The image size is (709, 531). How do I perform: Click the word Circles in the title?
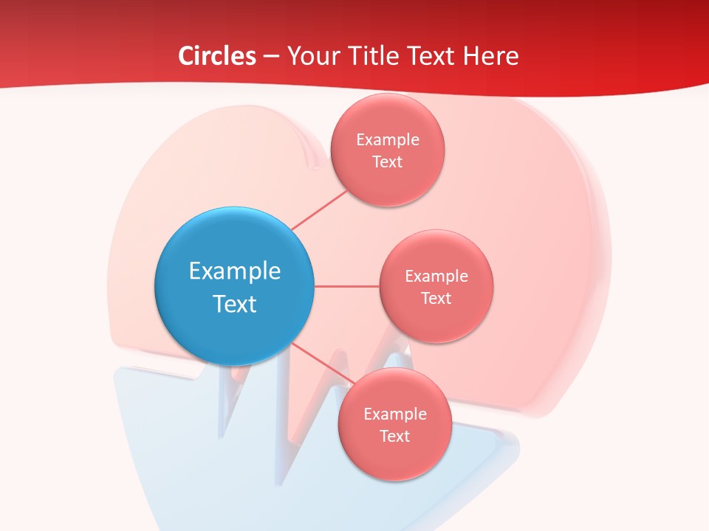point(216,56)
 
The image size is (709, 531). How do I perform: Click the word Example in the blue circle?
point(235,271)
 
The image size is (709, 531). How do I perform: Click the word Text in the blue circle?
point(235,304)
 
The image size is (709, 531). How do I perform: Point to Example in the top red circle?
point(387,139)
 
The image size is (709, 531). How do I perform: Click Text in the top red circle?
point(387,162)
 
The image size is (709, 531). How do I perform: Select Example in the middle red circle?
point(436,276)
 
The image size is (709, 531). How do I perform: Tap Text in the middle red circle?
point(436,298)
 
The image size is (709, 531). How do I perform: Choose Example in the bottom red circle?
point(395,414)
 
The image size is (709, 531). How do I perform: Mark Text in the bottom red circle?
point(395,436)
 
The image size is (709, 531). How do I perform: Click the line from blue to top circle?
point(319,210)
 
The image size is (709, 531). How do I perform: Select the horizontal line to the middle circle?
point(347,286)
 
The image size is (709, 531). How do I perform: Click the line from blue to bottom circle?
point(323,364)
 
